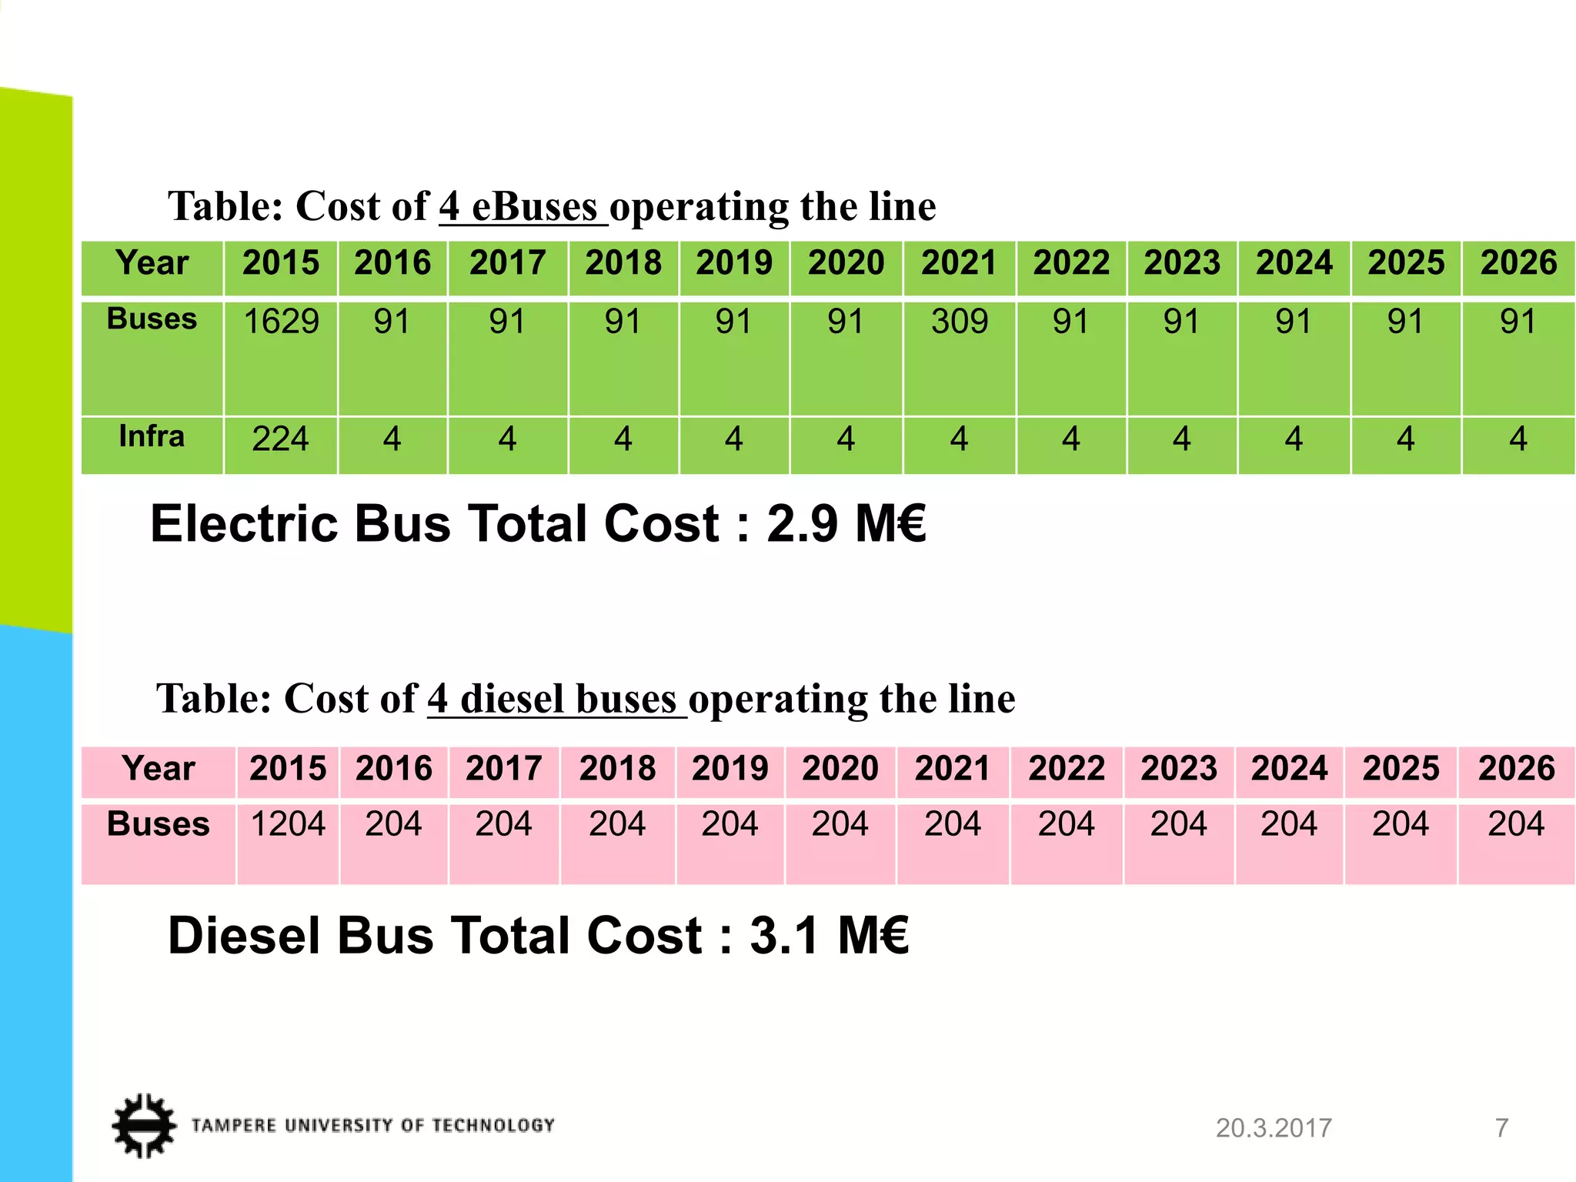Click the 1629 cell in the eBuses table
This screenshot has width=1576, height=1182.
click(x=281, y=322)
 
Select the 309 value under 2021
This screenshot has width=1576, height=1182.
click(x=960, y=322)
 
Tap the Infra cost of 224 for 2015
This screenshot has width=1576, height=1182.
click(x=281, y=439)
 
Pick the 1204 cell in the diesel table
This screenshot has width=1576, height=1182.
click(x=289, y=824)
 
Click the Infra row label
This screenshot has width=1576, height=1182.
click(x=152, y=436)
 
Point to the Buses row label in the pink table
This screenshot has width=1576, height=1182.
click(x=158, y=824)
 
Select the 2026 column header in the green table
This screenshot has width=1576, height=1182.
click(x=1518, y=263)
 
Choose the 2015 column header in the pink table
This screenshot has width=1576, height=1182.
click(x=289, y=769)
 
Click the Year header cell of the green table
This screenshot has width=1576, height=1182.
click(x=152, y=263)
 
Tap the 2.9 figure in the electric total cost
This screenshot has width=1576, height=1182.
click(x=802, y=524)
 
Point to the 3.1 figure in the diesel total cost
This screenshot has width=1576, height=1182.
click(x=784, y=937)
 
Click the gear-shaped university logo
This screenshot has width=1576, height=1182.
click(x=144, y=1125)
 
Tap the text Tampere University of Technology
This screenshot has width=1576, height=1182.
click(x=373, y=1126)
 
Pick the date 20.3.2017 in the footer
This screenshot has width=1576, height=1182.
click(x=1274, y=1128)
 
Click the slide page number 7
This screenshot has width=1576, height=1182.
click(x=1501, y=1128)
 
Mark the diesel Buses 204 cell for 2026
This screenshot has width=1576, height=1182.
click(x=1516, y=824)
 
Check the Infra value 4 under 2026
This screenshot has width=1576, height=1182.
click(x=1518, y=439)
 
